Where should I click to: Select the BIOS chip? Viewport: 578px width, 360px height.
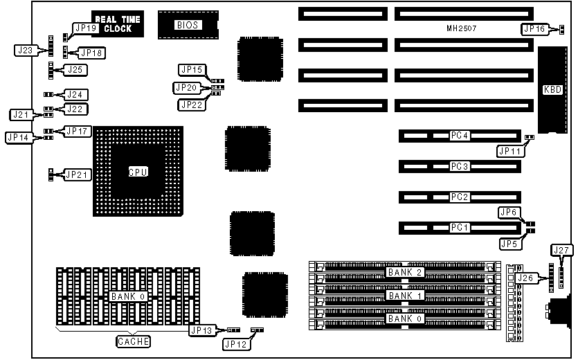(x=187, y=25)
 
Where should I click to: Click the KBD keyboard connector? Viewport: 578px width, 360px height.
(x=552, y=89)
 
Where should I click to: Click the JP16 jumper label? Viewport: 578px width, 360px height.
(x=534, y=28)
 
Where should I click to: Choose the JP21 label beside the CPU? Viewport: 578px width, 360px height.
(x=77, y=174)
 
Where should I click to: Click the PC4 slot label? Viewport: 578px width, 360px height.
(x=460, y=136)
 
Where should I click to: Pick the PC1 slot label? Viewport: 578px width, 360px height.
(x=460, y=227)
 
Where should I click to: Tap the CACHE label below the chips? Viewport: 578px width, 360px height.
(x=132, y=341)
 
